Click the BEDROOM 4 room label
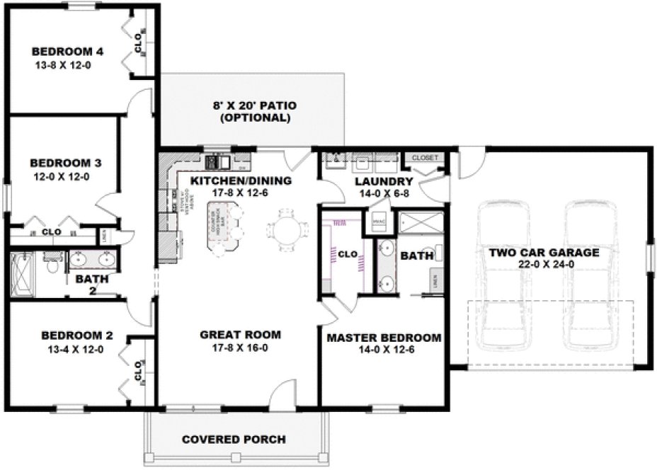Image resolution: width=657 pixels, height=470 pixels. pyautogui.click(x=68, y=51)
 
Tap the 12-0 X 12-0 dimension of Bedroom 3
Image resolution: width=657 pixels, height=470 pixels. pyautogui.click(x=60, y=176)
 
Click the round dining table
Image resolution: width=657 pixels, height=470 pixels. pyautogui.click(x=287, y=229)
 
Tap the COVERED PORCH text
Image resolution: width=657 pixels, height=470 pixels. pyautogui.click(x=234, y=440)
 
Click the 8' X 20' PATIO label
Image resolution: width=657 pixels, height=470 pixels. pyautogui.click(x=255, y=105)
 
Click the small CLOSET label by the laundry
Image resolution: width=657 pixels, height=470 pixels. pyautogui.click(x=425, y=157)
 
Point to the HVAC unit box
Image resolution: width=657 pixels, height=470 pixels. pyautogui.click(x=378, y=222)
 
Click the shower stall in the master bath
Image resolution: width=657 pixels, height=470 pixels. pyautogui.click(x=421, y=222)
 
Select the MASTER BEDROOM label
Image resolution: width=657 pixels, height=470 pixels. pyautogui.click(x=383, y=338)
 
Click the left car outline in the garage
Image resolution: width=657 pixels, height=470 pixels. pyautogui.click(x=502, y=276)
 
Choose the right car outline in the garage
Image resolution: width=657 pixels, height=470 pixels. pyautogui.click(x=590, y=276)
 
